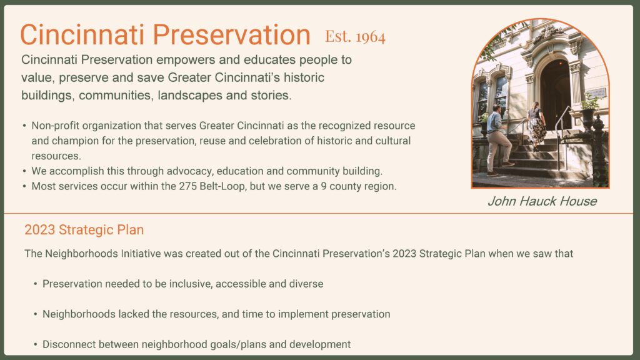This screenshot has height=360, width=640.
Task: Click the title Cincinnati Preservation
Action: coord(165,35)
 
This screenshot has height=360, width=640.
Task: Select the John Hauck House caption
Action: coord(541,201)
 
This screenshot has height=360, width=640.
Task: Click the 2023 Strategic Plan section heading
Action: coord(84,230)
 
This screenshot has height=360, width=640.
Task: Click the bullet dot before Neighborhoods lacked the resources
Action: coord(36,314)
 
